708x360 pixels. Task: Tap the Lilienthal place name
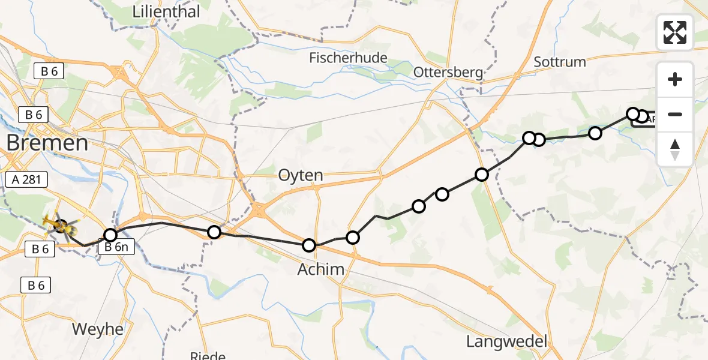point(166,11)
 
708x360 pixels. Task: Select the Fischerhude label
point(348,58)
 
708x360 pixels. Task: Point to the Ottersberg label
point(448,73)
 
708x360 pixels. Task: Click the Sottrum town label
point(559,61)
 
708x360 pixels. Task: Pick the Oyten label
point(300,176)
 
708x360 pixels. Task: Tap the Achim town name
point(321,269)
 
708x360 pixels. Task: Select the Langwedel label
point(507,342)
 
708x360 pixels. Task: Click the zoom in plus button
point(675,79)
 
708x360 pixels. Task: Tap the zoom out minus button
point(675,114)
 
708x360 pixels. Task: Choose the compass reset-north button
point(675,149)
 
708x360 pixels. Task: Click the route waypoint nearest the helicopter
point(110,235)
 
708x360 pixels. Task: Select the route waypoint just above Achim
point(309,245)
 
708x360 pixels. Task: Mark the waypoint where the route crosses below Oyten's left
point(214,232)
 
